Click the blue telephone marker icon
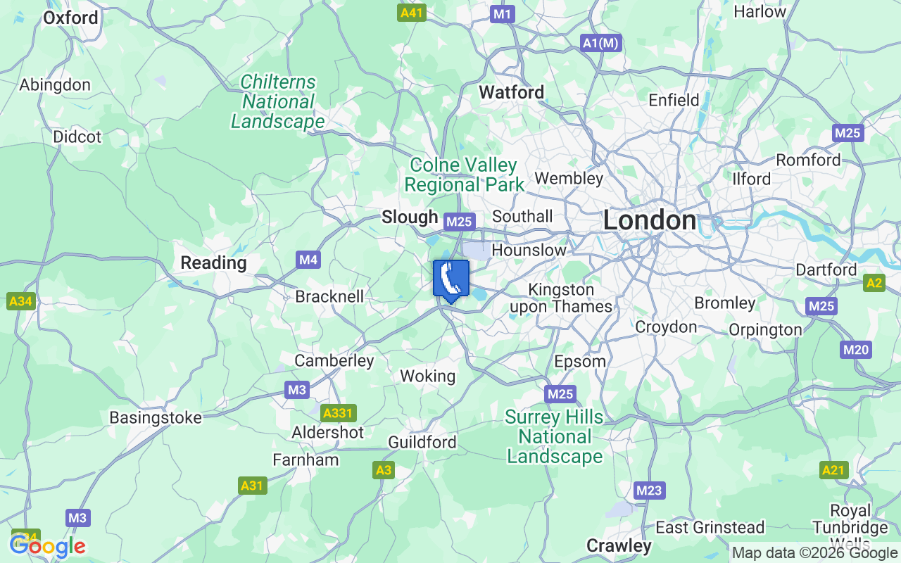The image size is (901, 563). (x=450, y=279)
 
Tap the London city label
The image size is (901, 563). (x=649, y=220)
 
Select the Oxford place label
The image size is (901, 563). (x=70, y=18)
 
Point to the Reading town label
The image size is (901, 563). (x=213, y=262)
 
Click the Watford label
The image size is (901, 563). (x=511, y=92)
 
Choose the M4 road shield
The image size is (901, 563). (x=308, y=260)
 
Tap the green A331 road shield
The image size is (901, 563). (x=339, y=412)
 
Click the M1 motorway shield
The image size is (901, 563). (x=503, y=14)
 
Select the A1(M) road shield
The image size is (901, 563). (x=600, y=43)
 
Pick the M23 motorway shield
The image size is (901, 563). (x=649, y=491)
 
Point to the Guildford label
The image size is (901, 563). (x=422, y=442)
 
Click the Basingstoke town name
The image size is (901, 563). (x=156, y=417)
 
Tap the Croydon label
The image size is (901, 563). (x=666, y=327)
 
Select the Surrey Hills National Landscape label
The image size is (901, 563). (x=555, y=436)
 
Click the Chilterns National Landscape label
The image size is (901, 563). (x=278, y=102)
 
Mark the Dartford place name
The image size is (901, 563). (x=826, y=270)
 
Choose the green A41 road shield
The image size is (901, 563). (x=412, y=13)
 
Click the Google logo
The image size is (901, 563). (x=47, y=546)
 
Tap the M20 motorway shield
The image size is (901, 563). (x=856, y=350)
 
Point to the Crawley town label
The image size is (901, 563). (x=619, y=545)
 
